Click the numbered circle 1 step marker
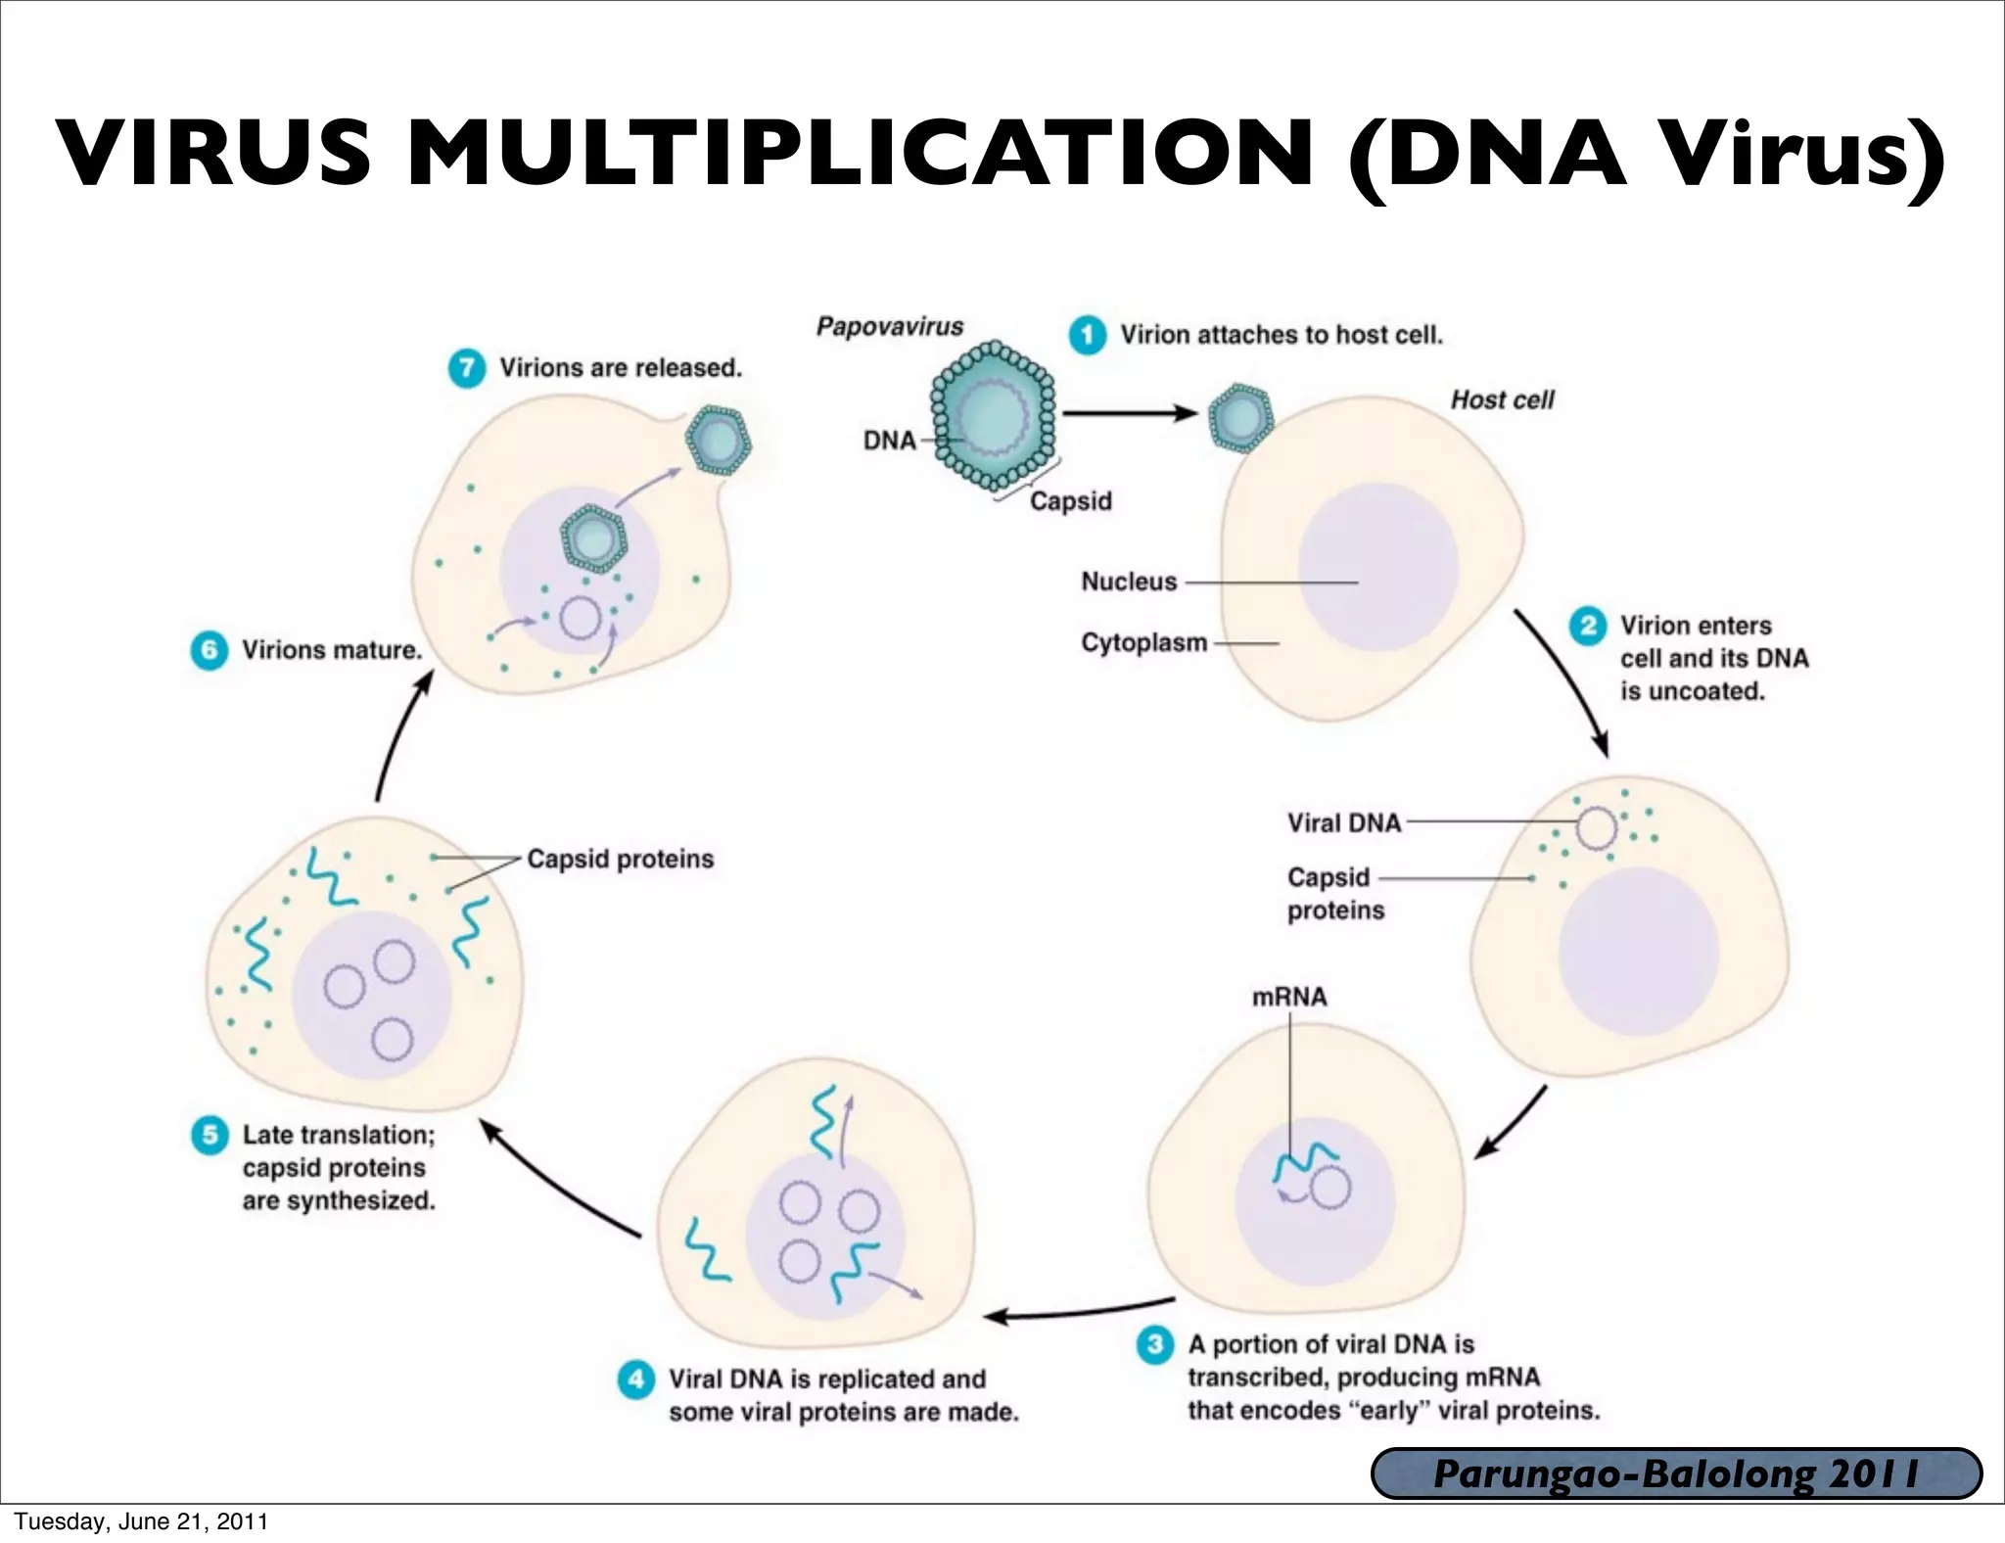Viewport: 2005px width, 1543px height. pyautogui.click(x=1087, y=335)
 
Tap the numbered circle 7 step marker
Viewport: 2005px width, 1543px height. pyautogui.click(x=467, y=368)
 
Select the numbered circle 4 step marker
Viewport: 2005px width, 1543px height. pyautogui.click(x=636, y=1379)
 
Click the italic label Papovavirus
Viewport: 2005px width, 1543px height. pyautogui.click(x=889, y=326)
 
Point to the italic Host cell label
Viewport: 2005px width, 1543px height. pyautogui.click(x=1502, y=399)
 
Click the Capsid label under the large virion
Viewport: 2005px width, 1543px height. pyautogui.click(x=1070, y=501)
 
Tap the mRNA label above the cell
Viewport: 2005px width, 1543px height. pyautogui.click(x=1289, y=997)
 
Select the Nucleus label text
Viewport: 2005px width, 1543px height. pyautogui.click(x=1129, y=582)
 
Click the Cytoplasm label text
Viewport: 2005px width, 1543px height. pyautogui.click(x=1143, y=643)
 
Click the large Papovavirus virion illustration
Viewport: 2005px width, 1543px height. pyautogui.click(x=993, y=416)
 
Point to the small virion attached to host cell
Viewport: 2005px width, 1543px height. pyautogui.click(x=1240, y=417)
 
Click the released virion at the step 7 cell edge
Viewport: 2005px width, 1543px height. pyautogui.click(x=718, y=441)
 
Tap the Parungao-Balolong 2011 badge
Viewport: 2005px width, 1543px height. pyautogui.click(x=1676, y=1473)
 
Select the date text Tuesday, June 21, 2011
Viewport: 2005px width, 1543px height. pyautogui.click(x=141, y=1521)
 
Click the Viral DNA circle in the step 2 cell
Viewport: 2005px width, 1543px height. pyautogui.click(x=1596, y=828)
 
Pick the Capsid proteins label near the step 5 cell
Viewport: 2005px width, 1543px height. pyautogui.click(x=620, y=859)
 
